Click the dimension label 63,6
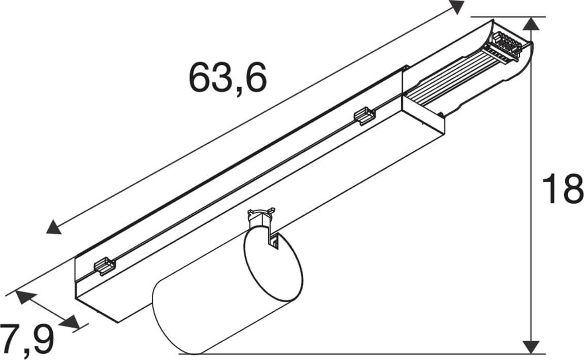pyautogui.click(x=228, y=78)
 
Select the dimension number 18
pyautogui.click(x=562, y=189)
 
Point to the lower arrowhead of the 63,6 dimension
pyautogui.click(x=54, y=227)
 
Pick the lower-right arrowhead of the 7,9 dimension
pyautogui.click(x=71, y=322)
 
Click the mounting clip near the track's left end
pyautogui.click(x=104, y=266)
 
